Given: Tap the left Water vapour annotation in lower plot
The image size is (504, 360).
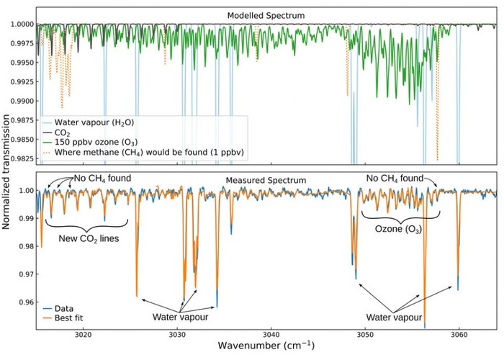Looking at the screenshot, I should pyautogui.click(x=176, y=316).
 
